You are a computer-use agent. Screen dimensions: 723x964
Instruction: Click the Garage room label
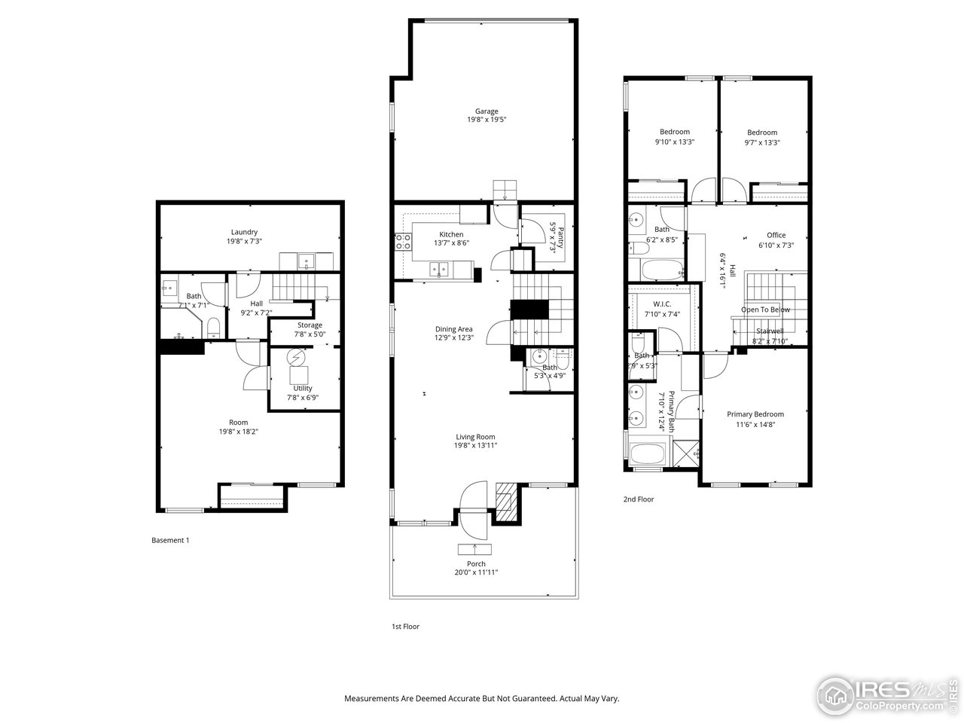486,111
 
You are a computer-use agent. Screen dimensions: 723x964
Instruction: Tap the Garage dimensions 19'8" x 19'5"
486,120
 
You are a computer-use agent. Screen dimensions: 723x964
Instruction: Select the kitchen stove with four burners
403,242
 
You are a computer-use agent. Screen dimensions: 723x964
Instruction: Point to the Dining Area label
453,329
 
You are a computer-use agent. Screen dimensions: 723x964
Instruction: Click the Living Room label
475,437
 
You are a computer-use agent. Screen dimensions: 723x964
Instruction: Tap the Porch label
476,564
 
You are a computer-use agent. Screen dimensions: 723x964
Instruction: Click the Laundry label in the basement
244,232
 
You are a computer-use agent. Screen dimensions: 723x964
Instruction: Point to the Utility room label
303,389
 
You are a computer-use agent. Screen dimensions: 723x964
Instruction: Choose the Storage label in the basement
309,325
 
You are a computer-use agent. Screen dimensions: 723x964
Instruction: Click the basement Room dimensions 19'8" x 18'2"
238,432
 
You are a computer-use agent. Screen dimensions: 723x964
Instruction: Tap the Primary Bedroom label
755,414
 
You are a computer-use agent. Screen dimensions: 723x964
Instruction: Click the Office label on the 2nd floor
776,235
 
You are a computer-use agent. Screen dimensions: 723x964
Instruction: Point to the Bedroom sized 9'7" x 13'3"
761,137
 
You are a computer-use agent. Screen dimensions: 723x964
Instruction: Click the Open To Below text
765,310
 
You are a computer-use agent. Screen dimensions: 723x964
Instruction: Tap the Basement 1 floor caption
170,540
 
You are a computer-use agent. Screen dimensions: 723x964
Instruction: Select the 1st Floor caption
405,627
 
